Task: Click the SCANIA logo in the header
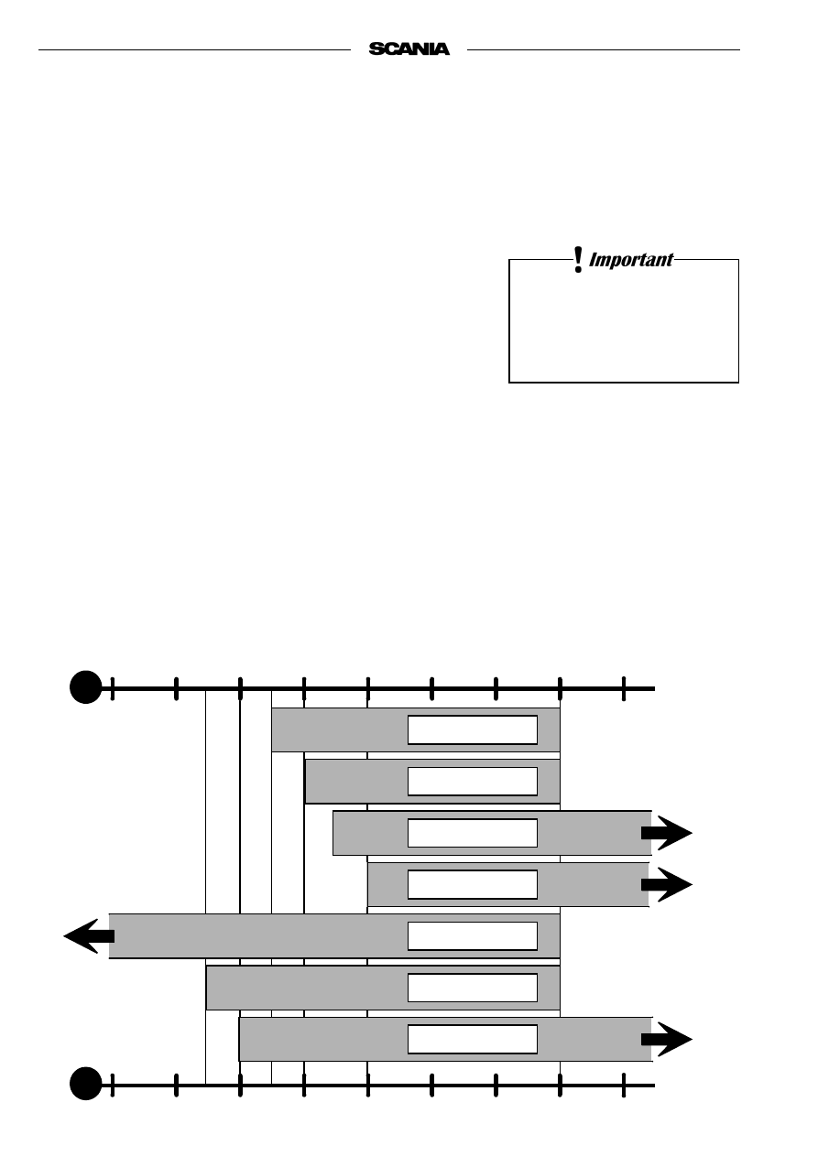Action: tap(409, 49)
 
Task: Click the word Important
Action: tap(630, 260)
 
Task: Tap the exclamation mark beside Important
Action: tap(578, 260)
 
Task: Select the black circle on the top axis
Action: tap(86, 686)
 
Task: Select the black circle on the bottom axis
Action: tap(86, 1083)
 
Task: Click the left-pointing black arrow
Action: tap(89, 935)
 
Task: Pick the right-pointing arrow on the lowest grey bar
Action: tap(667, 1039)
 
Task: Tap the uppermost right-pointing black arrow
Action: tap(667, 832)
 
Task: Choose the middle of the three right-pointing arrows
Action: tap(667, 884)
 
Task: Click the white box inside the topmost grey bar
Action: tap(473, 729)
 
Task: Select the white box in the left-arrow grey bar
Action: tap(473, 935)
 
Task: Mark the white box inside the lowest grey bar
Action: tap(473, 1039)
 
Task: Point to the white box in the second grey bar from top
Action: tap(473, 782)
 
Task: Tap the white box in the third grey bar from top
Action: tap(473, 833)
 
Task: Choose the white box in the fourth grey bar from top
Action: tap(473, 884)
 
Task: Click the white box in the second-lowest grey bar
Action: tap(473, 988)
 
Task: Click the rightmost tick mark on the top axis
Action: tap(624, 688)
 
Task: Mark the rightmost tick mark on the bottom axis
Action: tap(624, 1085)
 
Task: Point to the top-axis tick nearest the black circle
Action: tap(113, 688)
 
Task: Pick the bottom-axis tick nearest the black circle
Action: tap(113, 1085)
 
